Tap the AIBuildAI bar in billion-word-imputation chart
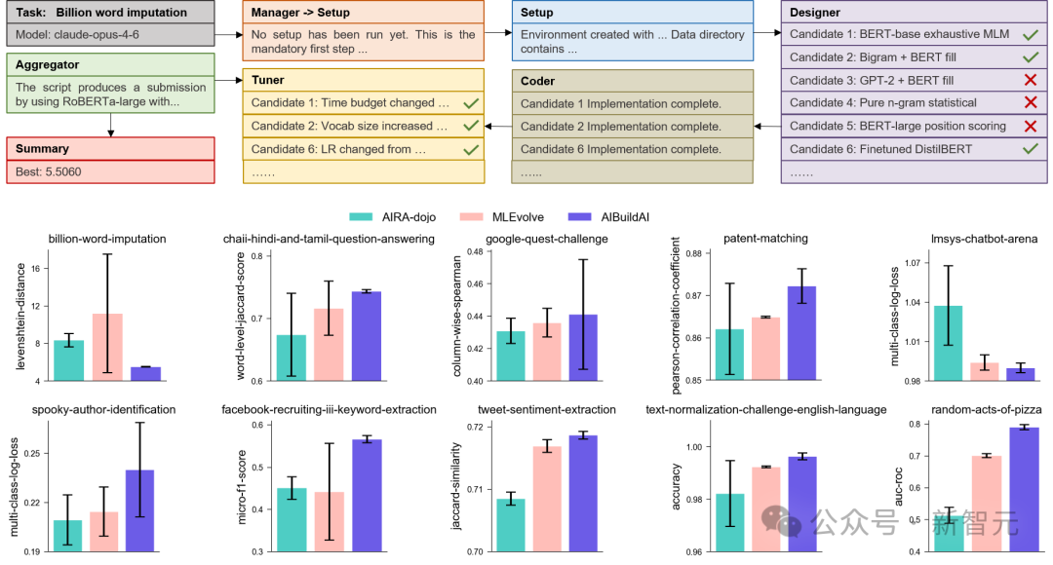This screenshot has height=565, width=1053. (145, 373)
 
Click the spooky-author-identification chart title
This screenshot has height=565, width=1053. (103, 410)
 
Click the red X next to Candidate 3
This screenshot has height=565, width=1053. (1031, 80)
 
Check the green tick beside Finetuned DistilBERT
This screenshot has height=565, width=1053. (1031, 149)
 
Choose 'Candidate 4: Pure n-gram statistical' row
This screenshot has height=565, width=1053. (882, 102)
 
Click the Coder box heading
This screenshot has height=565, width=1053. (538, 82)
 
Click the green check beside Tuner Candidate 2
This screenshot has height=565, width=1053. (471, 126)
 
